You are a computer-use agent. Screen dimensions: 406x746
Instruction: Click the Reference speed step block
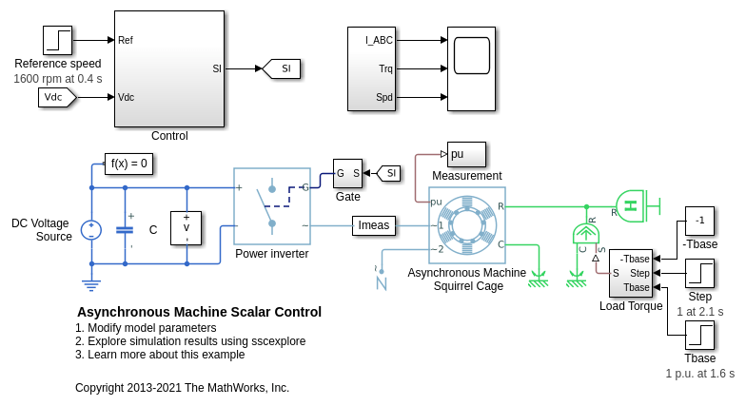pos(57,40)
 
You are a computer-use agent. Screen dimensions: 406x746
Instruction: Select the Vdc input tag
pos(56,97)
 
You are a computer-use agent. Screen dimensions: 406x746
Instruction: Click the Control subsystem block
pos(169,68)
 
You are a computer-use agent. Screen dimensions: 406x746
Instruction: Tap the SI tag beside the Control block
pos(283,68)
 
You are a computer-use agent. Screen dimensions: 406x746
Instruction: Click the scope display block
pos(471,55)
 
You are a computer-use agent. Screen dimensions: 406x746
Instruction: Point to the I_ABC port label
pos(379,41)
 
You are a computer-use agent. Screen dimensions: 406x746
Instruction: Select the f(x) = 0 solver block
pos(128,164)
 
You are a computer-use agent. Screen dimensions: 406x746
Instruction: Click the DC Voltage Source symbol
pos(91,230)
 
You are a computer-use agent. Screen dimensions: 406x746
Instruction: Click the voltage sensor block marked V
pos(186,228)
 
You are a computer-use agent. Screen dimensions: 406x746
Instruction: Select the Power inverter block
pos(272,206)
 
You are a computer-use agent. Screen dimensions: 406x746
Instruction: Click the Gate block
pos(347,173)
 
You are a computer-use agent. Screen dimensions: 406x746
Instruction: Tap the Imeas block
pos(374,225)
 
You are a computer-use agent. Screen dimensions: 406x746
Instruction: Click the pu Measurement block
pos(466,154)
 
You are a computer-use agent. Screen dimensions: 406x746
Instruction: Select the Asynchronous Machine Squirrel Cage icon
pos(467,225)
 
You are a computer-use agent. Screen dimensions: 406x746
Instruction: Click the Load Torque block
pos(631,273)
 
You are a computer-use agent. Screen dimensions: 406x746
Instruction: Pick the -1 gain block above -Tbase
pos(699,221)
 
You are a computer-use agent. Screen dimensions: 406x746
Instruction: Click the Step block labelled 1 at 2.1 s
pos(699,274)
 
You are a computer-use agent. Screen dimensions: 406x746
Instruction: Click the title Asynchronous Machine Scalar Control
pos(199,312)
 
